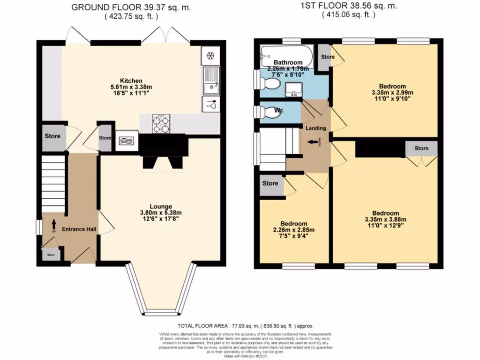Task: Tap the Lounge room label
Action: coord(161,206)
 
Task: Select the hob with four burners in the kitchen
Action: coord(161,124)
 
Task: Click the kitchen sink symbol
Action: coord(210,81)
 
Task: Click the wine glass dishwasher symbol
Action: coord(210,105)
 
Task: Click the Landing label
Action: coord(316,128)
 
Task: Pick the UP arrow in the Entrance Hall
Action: coord(53,225)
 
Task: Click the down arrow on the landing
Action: coord(313,142)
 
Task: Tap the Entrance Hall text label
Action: coord(79,229)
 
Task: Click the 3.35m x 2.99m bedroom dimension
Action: coord(392,92)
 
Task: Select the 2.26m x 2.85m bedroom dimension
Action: coord(294,230)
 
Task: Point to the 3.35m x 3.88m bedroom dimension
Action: coord(385,219)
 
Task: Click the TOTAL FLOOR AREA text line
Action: coord(245,326)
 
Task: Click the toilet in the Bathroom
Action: coord(270,84)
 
